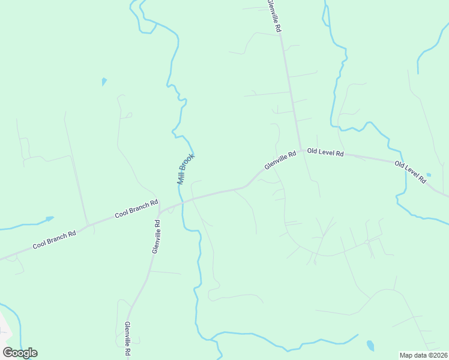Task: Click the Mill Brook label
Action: coord(185,169)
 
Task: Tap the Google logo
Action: coord(20,352)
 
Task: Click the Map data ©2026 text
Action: coord(424,355)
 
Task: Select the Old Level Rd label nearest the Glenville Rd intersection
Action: coord(325,153)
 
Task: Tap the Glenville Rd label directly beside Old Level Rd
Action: coord(280,160)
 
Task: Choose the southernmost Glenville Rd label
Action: coord(128,338)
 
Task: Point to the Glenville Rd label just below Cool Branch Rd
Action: coord(155,236)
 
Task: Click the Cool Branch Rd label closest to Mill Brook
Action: coord(136,208)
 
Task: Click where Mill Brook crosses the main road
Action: coord(181,203)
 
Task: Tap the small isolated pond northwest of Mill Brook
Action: coord(104,81)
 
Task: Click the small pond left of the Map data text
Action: coord(370,346)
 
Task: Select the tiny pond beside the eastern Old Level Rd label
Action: coord(428,175)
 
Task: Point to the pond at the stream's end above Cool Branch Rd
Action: coord(49,218)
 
